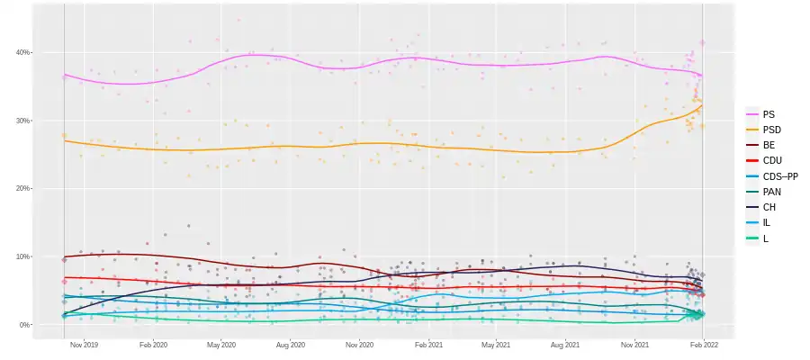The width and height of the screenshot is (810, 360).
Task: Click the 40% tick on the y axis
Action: (x=23, y=52)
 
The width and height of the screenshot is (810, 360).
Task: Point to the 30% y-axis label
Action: (x=23, y=121)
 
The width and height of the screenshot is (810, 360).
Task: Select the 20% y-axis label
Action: (x=23, y=188)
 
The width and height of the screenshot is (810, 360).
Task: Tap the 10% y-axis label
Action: (x=23, y=256)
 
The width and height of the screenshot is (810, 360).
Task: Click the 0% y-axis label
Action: (x=25, y=325)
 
